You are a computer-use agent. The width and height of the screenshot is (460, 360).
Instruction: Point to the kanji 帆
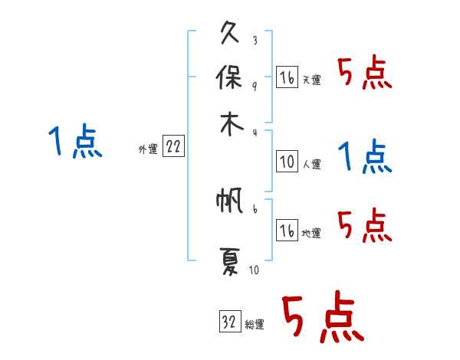point(229,201)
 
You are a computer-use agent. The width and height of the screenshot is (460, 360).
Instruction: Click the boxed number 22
point(173,148)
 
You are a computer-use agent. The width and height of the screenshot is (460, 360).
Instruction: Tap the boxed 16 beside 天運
point(287,78)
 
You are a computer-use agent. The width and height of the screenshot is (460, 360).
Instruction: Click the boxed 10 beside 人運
point(287,162)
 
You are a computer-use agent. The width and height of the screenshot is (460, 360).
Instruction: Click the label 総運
point(255,324)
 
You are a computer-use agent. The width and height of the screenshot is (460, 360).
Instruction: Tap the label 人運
point(311,165)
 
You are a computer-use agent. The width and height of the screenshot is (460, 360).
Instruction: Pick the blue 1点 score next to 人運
point(365,158)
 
